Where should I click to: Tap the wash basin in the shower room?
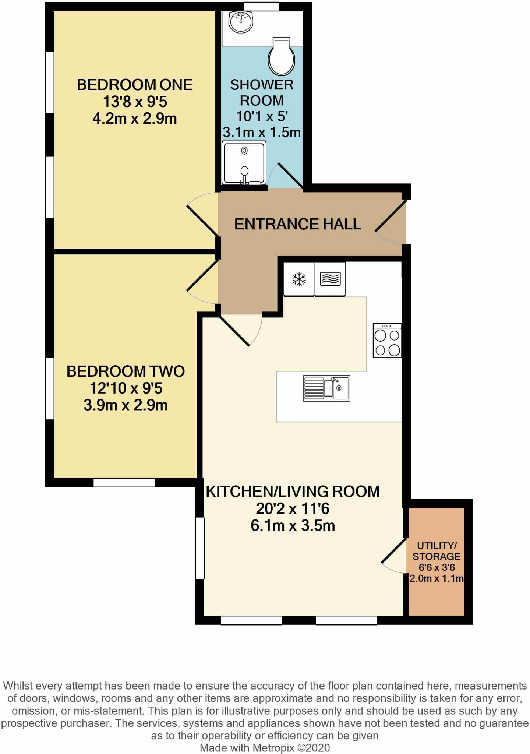click(x=241, y=22)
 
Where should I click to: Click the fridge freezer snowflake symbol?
click(x=299, y=279)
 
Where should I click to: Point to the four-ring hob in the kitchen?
click(x=387, y=341)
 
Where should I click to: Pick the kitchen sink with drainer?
click(x=326, y=388)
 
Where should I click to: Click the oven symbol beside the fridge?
click(x=330, y=279)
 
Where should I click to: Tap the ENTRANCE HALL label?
click(x=297, y=224)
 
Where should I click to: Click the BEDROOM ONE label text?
click(x=134, y=85)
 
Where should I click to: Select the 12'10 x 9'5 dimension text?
click(x=126, y=388)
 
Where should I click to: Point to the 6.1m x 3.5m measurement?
click(x=293, y=525)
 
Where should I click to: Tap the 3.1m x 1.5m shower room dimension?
click(x=262, y=132)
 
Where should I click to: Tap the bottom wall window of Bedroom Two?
click(x=124, y=482)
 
